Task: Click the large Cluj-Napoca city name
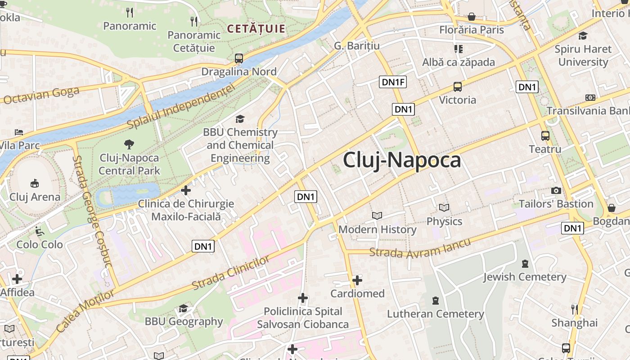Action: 402,161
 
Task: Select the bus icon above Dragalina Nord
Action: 239,58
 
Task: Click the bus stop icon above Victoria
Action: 457,87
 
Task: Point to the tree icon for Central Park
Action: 129,144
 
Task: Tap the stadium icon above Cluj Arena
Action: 35,183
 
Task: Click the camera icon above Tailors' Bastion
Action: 556,190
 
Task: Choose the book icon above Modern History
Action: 377,216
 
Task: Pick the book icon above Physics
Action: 444,208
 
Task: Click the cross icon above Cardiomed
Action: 357,280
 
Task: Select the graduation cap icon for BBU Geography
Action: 183,308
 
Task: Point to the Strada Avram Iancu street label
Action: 420,248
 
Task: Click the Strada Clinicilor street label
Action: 230,273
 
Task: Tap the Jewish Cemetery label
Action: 525,277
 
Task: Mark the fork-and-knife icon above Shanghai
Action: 575,309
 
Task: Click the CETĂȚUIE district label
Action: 256,29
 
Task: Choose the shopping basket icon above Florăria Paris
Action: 472,17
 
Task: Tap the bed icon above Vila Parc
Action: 19,132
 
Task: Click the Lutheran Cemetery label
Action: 436,314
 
